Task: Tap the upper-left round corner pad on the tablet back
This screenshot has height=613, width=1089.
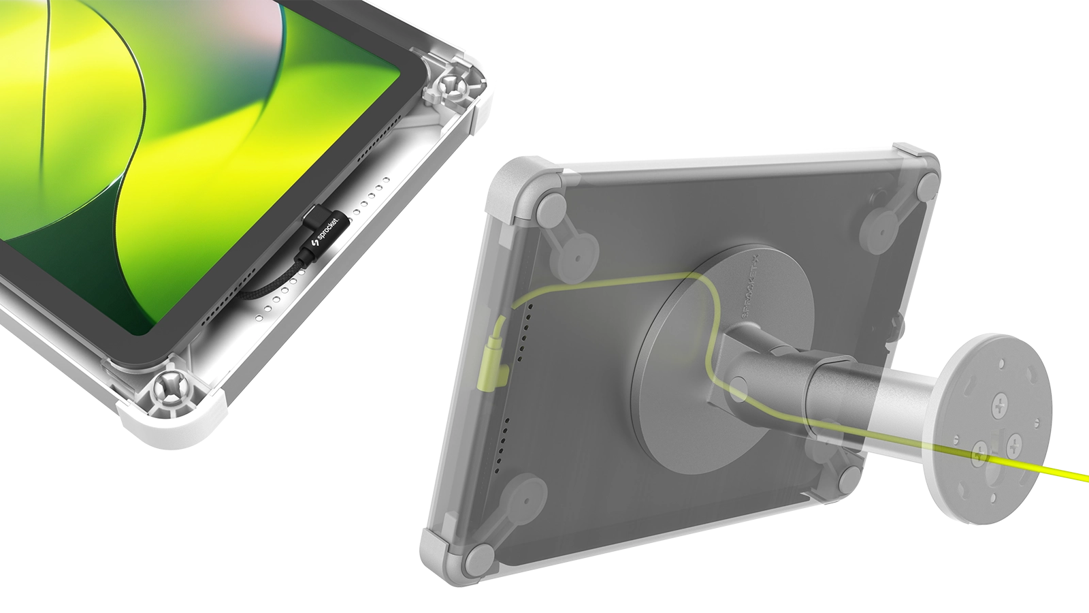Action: (x=553, y=205)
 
